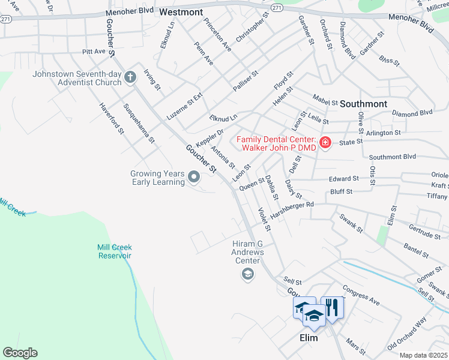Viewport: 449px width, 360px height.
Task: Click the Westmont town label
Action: point(181,11)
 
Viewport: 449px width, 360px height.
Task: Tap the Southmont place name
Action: point(364,103)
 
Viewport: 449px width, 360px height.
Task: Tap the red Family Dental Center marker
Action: point(325,142)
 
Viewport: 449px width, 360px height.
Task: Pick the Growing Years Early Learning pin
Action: point(194,177)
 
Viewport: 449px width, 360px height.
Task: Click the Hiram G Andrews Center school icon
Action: point(247,274)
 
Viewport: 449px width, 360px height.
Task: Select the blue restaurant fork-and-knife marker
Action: point(332,307)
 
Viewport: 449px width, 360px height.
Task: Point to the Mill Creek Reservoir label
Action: point(115,251)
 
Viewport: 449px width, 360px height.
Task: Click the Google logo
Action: point(20,353)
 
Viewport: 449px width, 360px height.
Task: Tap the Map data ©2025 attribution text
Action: point(423,355)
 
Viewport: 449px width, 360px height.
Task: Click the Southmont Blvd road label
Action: point(392,157)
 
